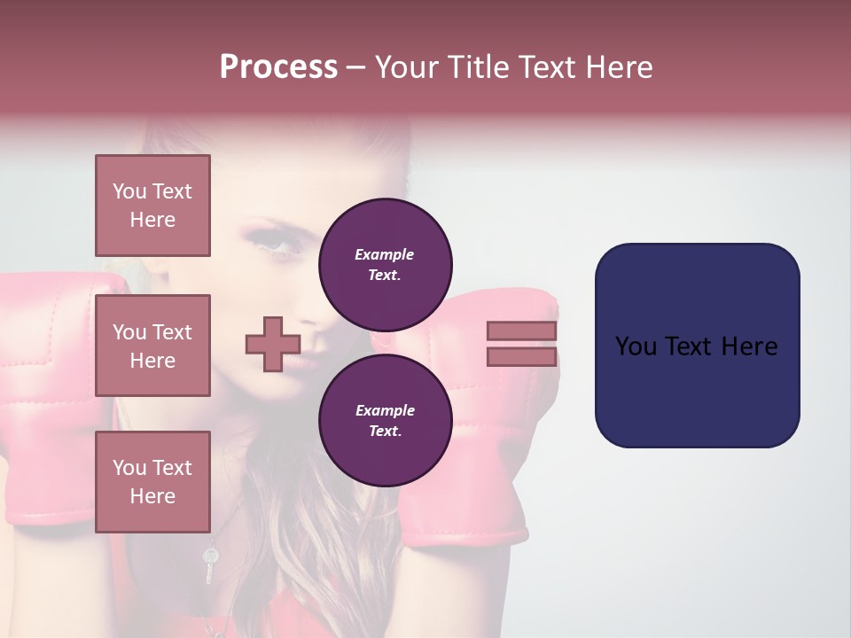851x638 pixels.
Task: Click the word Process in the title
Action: [x=278, y=67]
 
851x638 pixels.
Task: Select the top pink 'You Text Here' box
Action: [x=152, y=206]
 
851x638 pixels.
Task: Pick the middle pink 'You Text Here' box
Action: [x=152, y=346]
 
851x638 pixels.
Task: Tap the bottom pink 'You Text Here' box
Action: [x=152, y=481]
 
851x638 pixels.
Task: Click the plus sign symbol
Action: [x=272, y=344]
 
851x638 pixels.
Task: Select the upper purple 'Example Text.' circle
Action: [x=385, y=265]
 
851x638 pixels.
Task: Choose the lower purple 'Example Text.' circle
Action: [x=385, y=421]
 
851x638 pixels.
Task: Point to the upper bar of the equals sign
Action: [x=521, y=331]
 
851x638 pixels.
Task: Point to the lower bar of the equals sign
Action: [x=521, y=356]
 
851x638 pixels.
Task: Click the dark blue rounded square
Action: [x=697, y=345]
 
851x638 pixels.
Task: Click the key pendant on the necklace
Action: [x=209, y=564]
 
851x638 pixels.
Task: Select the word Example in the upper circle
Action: [x=385, y=254]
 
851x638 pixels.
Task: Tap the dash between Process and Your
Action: [x=355, y=67]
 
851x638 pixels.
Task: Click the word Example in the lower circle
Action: [x=385, y=410]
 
